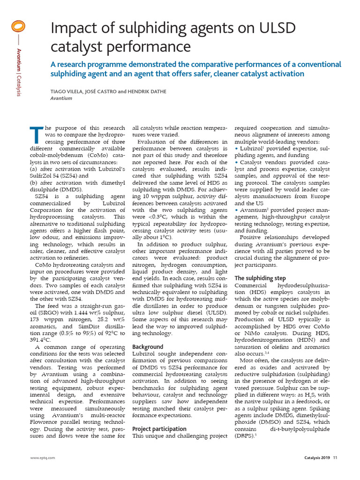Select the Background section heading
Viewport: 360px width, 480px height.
(x=148, y=347)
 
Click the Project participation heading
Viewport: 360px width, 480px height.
(x=159, y=428)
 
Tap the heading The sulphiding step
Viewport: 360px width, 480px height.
(x=260, y=278)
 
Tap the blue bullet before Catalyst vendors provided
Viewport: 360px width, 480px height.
(x=236, y=162)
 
